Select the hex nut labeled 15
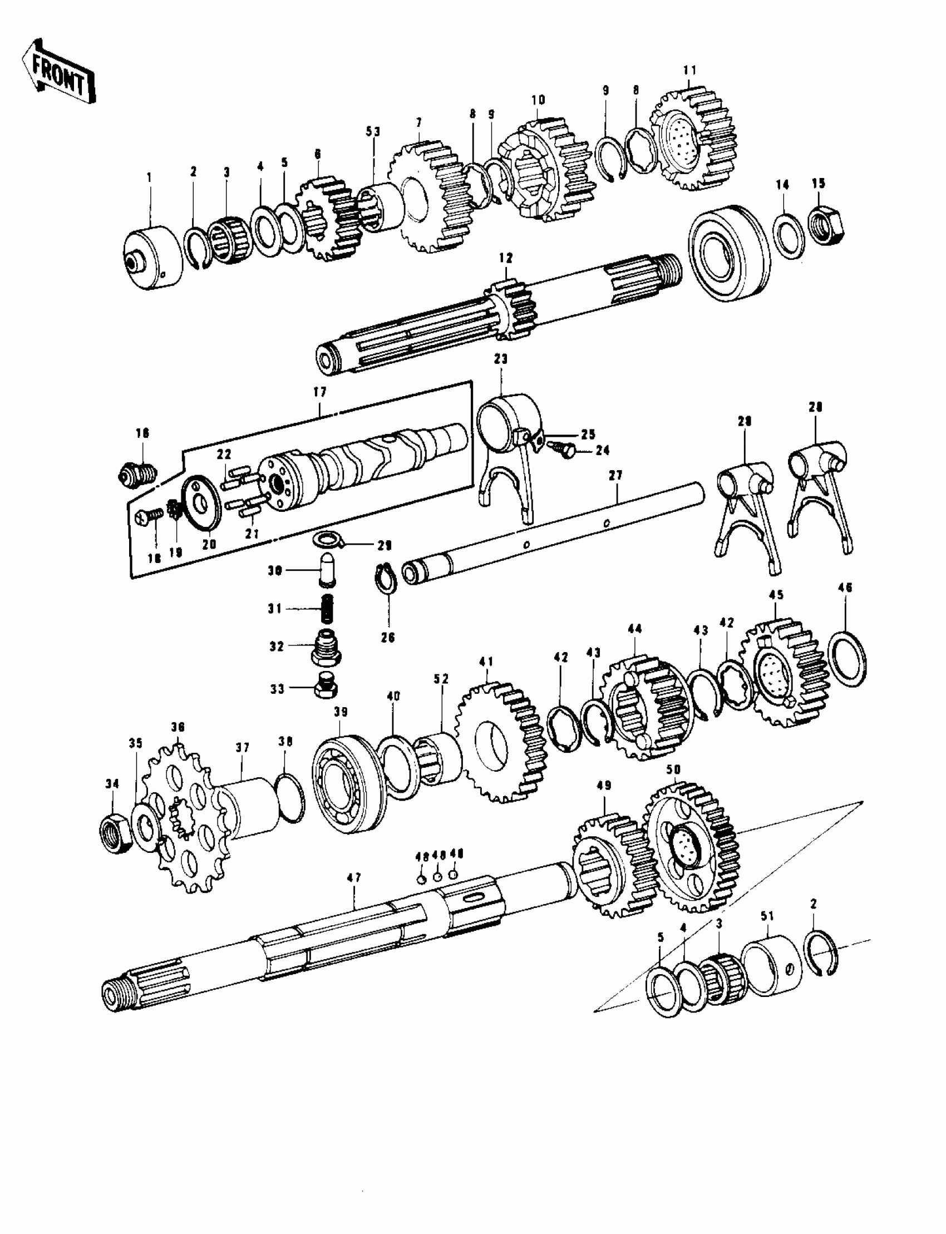pyautogui.click(x=826, y=225)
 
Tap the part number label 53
pyautogui.click(x=373, y=132)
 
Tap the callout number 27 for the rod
pyautogui.click(x=615, y=476)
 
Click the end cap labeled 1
pyautogui.click(x=152, y=256)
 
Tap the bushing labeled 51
pyautogui.click(x=771, y=966)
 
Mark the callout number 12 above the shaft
pyautogui.click(x=506, y=258)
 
